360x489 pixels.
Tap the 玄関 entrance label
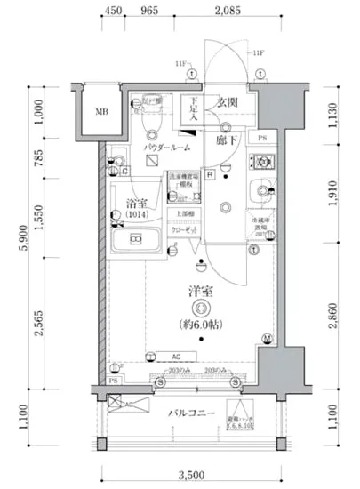(x=227, y=102)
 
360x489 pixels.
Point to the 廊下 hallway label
(x=227, y=140)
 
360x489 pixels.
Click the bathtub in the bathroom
(x=133, y=240)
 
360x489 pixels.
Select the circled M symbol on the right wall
(x=267, y=337)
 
